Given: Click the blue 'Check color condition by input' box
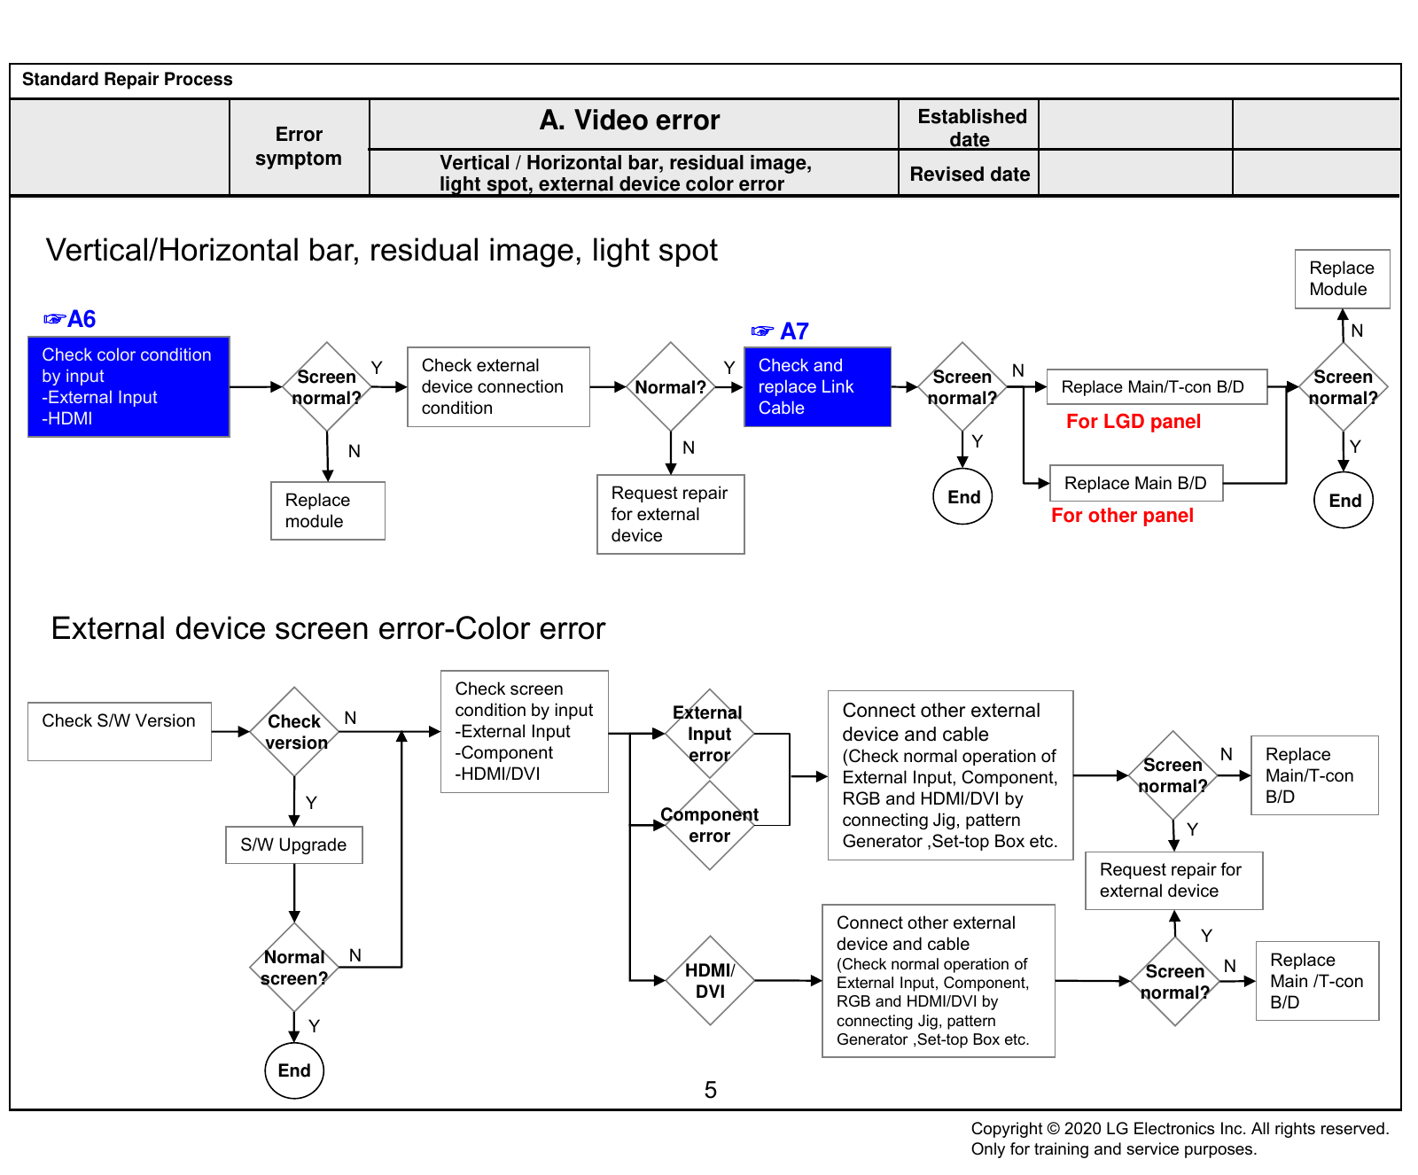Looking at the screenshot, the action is point(129,386).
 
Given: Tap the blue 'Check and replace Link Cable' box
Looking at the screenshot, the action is point(817,387).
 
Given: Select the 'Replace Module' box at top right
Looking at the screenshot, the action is point(1342,279).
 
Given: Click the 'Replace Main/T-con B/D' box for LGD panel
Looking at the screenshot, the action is point(1157,387).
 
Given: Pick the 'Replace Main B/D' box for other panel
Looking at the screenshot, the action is point(1136,483).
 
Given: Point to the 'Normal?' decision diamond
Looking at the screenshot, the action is point(671,387).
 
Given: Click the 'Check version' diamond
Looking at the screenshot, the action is point(295,732).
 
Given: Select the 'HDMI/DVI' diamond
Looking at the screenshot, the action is point(710,981).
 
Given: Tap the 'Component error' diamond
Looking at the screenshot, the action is point(710,825).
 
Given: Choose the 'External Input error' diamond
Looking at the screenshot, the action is point(710,734).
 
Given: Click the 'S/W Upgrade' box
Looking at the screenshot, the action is point(294,845).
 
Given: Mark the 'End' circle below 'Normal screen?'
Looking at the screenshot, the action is point(294,1070).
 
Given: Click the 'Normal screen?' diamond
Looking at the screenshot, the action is point(294,968).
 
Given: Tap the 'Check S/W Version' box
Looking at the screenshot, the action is point(120,732).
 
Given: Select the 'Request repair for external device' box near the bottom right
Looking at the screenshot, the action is point(1174,881).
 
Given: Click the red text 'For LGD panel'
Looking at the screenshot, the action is point(1134,422).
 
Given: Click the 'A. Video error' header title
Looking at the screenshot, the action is point(630,121).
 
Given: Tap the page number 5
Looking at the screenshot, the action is point(711,1090).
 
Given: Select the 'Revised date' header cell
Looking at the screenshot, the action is point(970,174).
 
